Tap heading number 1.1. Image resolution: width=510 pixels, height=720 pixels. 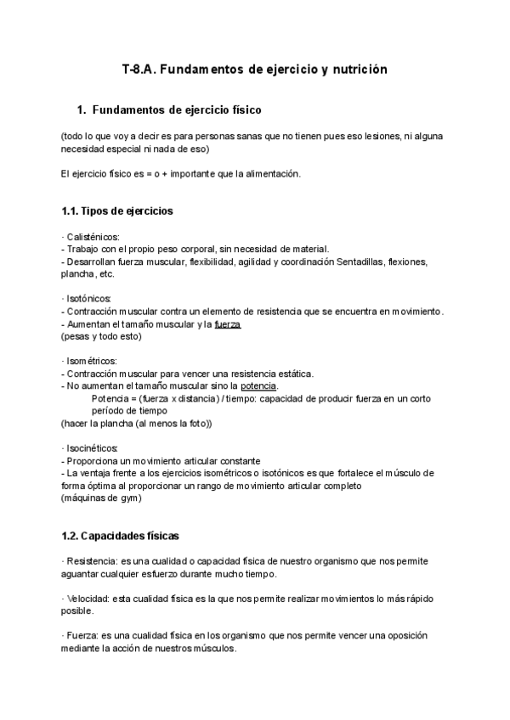[71, 211]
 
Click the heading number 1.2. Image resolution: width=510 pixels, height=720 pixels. [71, 536]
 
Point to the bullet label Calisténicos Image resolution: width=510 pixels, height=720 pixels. [93, 237]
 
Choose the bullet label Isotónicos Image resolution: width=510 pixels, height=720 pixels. [91, 298]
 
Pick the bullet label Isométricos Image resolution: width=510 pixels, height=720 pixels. [93, 361]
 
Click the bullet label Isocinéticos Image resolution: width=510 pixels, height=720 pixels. [93, 447]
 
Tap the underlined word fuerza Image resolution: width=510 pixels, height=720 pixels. [228, 323]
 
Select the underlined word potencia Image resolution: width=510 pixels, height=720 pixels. [259, 385]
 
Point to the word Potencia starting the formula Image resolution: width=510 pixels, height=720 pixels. [109, 397]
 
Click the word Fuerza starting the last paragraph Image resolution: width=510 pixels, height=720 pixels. [82, 636]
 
